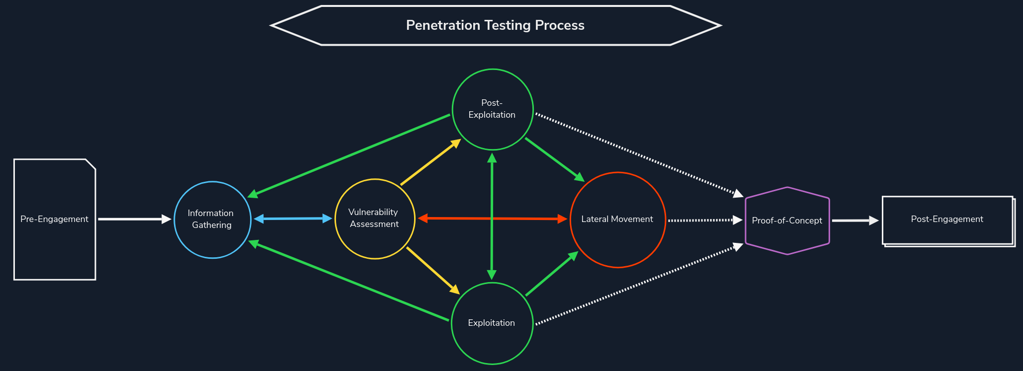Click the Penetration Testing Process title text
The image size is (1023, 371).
(495, 25)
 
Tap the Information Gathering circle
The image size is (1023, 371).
(212, 220)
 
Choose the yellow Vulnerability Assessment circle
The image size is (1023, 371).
(374, 219)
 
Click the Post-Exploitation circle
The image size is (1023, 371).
(492, 109)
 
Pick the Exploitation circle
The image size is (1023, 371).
(492, 323)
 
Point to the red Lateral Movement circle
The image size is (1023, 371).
(617, 220)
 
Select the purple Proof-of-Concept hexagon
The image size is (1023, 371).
(787, 221)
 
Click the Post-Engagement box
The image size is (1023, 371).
(947, 220)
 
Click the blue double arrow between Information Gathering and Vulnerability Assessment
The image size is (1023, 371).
(293, 219)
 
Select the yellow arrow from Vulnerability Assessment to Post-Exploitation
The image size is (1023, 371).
(430, 162)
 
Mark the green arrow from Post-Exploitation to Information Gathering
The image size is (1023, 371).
(350, 154)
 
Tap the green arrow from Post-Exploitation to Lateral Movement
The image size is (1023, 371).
(554, 159)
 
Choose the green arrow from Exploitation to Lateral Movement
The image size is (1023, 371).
(552, 274)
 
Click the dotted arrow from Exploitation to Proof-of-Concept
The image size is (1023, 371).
(639, 284)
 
